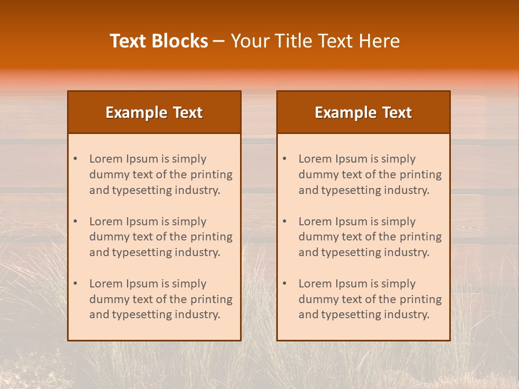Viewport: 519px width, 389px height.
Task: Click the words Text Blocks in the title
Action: pos(158,41)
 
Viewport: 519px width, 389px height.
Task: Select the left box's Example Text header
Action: pos(154,112)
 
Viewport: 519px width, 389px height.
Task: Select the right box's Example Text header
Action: pos(363,112)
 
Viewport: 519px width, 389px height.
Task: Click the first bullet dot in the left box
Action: pos(75,159)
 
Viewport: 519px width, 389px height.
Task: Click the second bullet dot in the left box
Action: pos(75,222)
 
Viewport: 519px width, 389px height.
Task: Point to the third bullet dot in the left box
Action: pos(75,284)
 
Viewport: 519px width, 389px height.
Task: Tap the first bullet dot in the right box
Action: pos(284,159)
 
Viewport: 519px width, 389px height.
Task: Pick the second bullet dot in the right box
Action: pos(284,222)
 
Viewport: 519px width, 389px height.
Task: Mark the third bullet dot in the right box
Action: pos(284,284)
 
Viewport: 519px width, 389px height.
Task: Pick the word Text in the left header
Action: pos(188,112)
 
